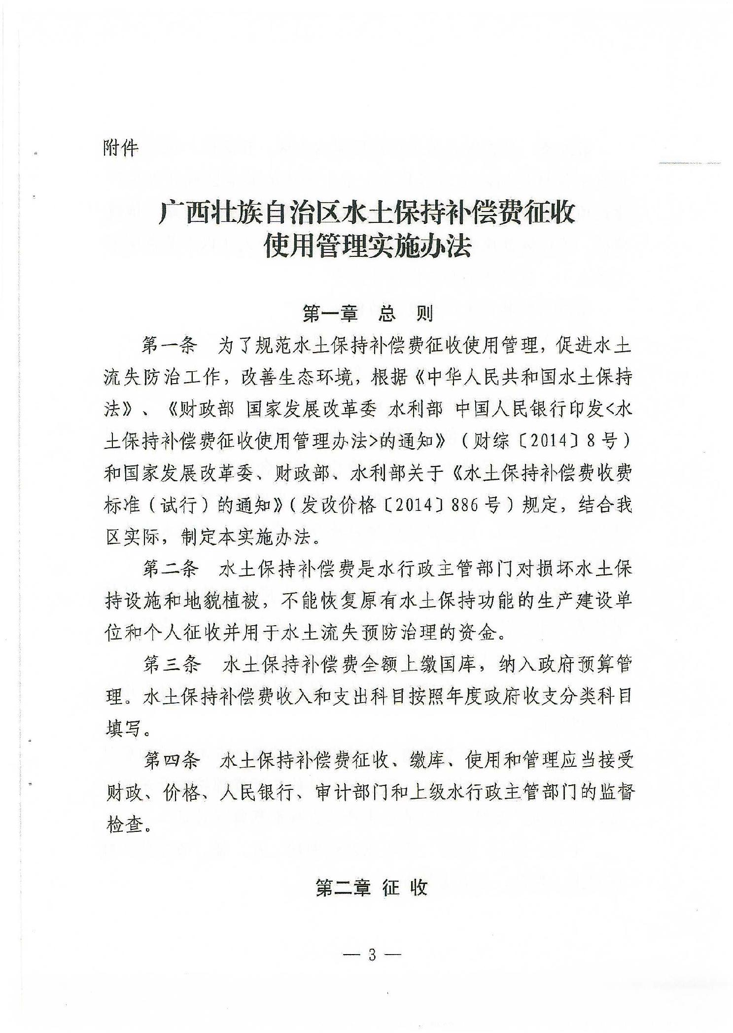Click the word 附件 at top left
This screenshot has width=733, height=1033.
(x=121, y=148)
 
